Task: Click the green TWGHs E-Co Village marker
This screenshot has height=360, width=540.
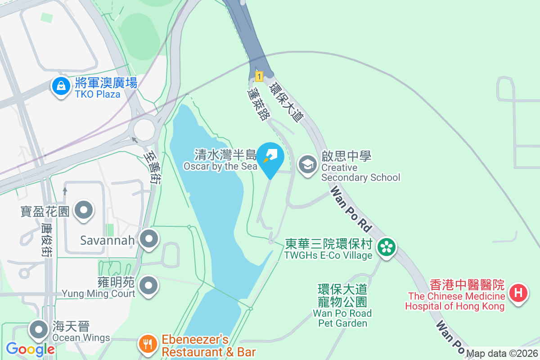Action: click(x=386, y=247)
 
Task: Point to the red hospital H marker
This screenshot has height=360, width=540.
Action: click(x=518, y=293)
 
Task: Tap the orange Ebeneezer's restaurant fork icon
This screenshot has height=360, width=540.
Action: click(x=148, y=345)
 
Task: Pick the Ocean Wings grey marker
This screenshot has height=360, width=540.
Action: click(x=39, y=330)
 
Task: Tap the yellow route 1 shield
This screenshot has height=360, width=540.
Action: click(x=259, y=76)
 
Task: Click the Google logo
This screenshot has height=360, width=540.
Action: click(x=30, y=349)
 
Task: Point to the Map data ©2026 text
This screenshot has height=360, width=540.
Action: click(x=502, y=353)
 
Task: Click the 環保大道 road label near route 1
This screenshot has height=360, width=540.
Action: click(x=285, y=102)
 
